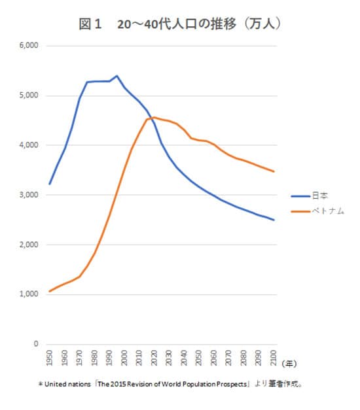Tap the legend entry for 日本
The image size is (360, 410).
tap(321, 195)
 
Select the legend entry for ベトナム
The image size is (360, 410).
tap(327, 211)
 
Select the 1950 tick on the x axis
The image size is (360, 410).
tap(50, 358)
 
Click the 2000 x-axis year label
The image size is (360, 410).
tap(125, 358)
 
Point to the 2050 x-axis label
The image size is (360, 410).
tap(200, 358)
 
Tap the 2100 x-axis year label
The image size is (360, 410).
tap(274, 358)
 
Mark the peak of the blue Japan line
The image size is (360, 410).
tap(117, 76)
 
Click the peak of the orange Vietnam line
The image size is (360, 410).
tap(153, 117)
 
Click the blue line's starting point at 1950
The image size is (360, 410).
tap(50, 184)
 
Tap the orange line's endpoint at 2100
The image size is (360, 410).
tap(274, 171)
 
